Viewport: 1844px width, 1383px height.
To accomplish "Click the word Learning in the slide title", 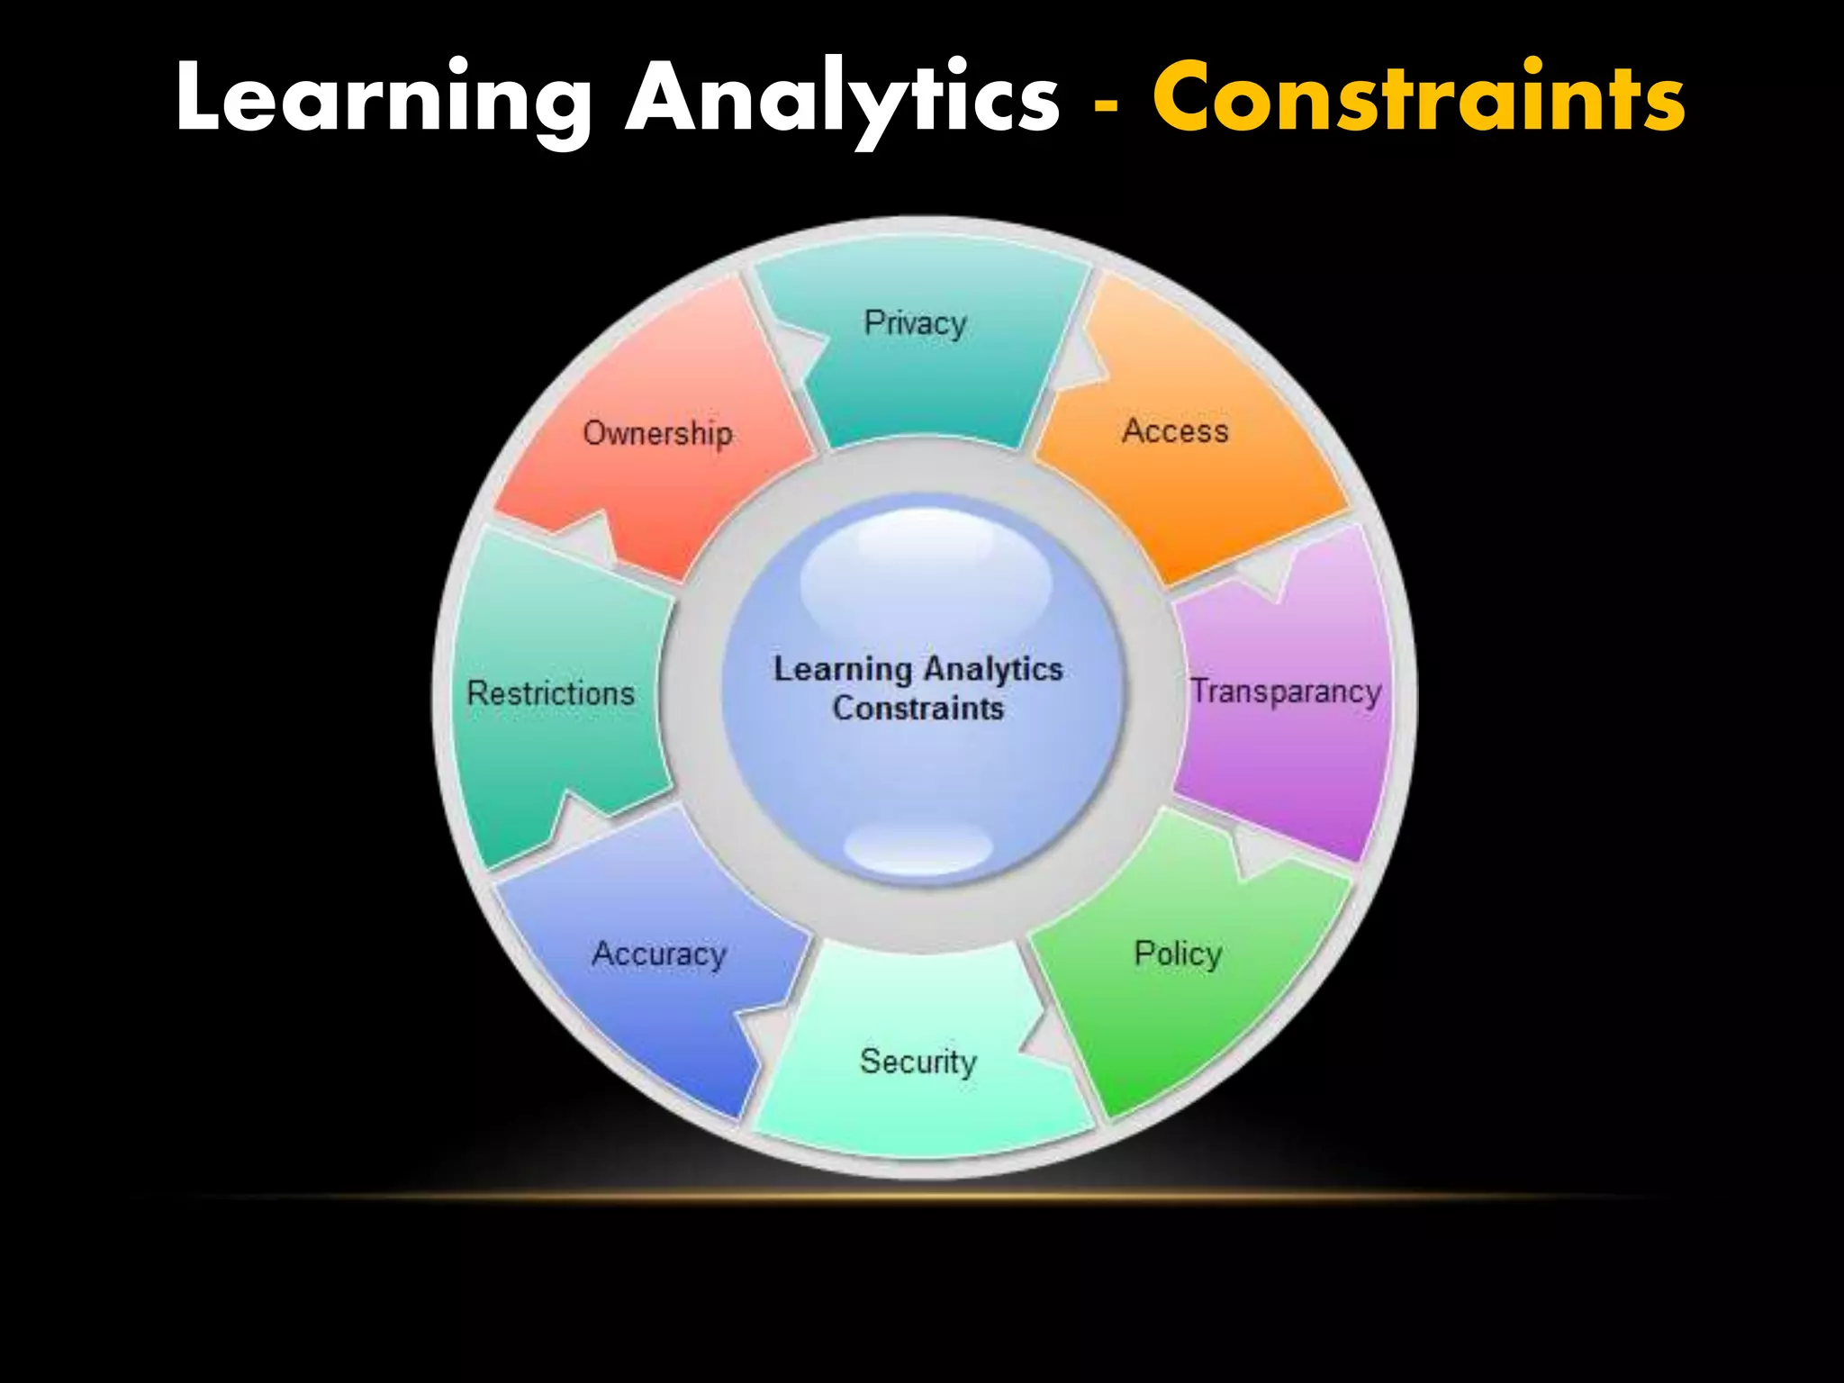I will (x=383, y=99).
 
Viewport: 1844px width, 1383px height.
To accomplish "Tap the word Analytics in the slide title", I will (x=842, y=99).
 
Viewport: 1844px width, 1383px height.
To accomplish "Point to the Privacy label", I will (x=915, y=323).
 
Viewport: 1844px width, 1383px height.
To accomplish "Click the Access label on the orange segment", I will (x=1175, y=431).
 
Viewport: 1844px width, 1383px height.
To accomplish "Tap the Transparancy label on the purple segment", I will (x=1286, y=691).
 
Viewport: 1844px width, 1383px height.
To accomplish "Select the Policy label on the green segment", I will (x=1178, y=954).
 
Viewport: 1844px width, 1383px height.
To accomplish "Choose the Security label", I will (x=917, y=1062).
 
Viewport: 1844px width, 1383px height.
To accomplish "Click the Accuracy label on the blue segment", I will (x=659, y=954).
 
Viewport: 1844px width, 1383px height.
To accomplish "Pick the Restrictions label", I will (x=550, y=693).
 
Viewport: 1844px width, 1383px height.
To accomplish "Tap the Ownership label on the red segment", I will (x=657, y=433).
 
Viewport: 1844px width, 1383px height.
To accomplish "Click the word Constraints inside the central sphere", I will (x=917, y=709).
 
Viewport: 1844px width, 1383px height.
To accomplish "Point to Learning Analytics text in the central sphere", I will (x=918, y=669).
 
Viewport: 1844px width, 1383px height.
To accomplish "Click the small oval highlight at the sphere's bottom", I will (x=918, y=846).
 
